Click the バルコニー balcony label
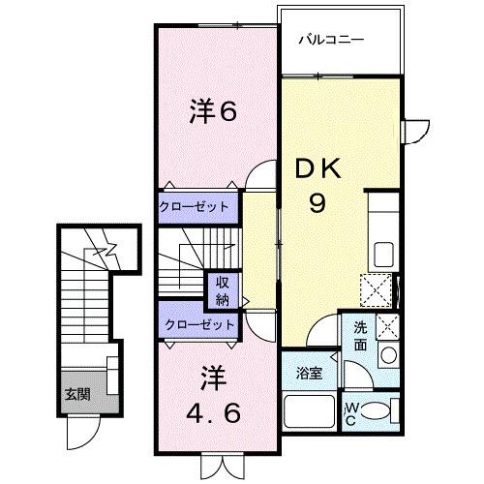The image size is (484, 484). click(330, 42)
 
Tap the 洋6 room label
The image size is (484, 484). click(213, 112)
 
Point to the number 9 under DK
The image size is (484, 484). click(318, 204)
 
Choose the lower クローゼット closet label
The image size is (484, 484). click(198, 324)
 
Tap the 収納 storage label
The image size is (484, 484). click(223, 289)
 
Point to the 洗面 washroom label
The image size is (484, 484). click(360, 334)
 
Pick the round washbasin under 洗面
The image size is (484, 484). click(388, 355)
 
